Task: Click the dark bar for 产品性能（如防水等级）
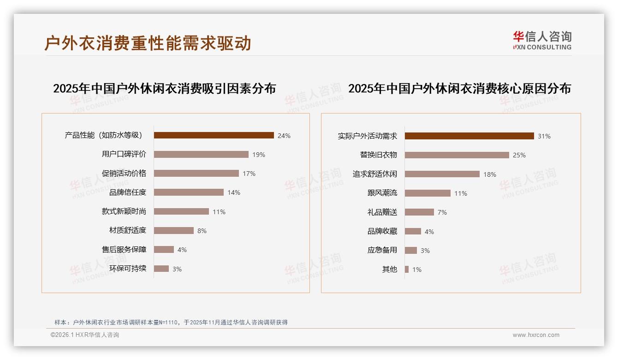pos(214,135)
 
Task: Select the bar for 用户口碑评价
pos(201,155)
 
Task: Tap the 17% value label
pos(249,174)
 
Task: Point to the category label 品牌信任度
pos(128,192)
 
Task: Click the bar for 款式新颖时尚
pos(181,211)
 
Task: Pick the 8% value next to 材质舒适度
pos(202,231)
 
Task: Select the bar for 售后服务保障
pos(164,250)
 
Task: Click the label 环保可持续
pos(128,269)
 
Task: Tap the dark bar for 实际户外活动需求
pos(469,136)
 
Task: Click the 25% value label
pos(519,155)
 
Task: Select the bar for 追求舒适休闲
pos(442,174)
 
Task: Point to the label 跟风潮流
pos(382,193)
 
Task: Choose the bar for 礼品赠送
pos(419,212)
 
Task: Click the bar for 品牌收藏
pos(413,231)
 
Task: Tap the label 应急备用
pos(382,250)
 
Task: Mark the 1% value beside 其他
pos(417,270)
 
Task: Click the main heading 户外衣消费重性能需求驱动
pos(148,43)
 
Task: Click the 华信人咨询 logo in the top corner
pos(542,40)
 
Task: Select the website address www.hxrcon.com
pos(536,335)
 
